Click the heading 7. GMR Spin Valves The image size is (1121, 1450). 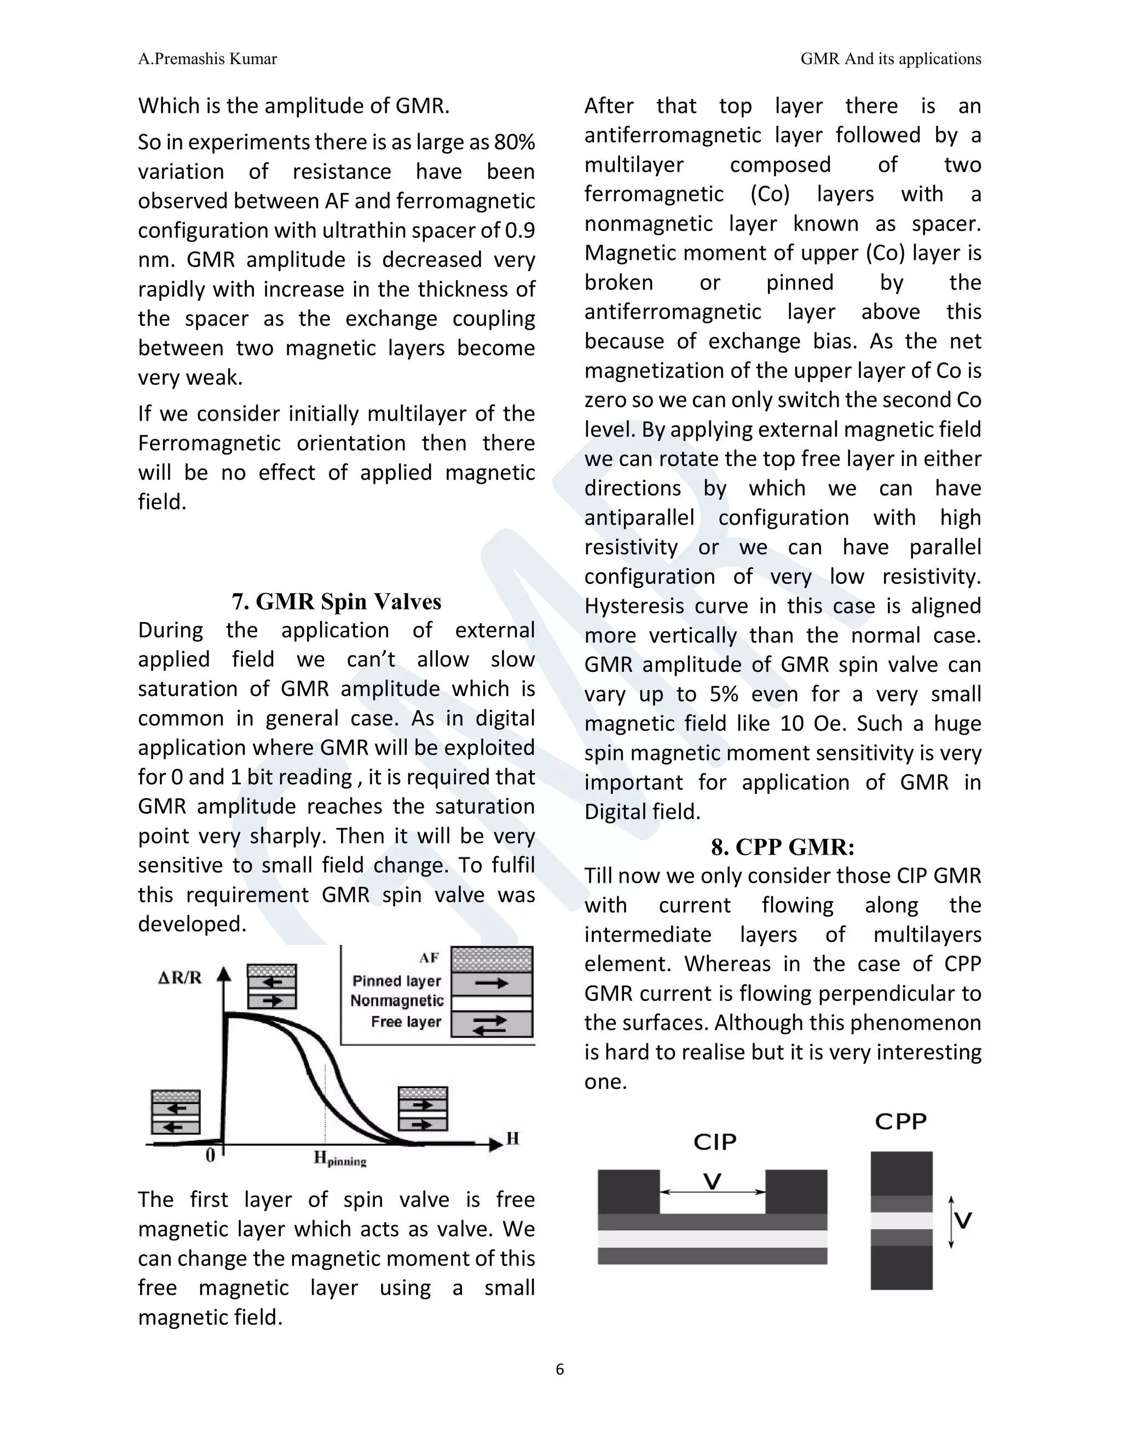(x=336, y=601)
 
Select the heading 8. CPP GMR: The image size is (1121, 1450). (x=782, y=847)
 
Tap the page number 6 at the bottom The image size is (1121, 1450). (x=560, y=1369)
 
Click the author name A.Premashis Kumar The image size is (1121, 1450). (x=207, y=59)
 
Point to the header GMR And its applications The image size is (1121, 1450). (x=890, y=59)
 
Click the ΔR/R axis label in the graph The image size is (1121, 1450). (x=180, y=978)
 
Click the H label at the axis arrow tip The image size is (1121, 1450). (x=513, y=1139)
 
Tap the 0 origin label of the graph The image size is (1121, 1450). (x=210, y=1155)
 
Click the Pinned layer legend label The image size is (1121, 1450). (x=396, y=981)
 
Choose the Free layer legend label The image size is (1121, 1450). (x=406, y=1022)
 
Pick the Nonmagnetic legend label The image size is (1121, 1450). (x=396, y=1001)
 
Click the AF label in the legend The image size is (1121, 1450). (x=429, y=958)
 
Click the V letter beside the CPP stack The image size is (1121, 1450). (x=963, y=1220)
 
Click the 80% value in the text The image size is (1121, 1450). (x=514, y=142)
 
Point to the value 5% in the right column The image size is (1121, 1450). (x=724, y=694)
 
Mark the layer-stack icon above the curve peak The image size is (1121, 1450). (x=271, y=987)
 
